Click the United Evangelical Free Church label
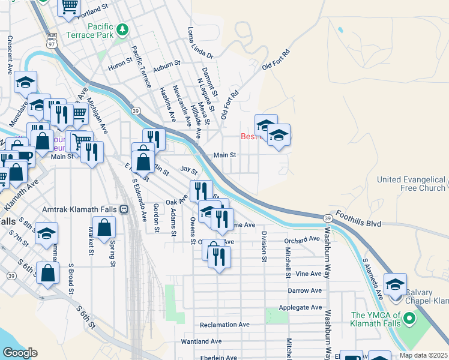point(411,184)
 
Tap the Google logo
point(20,353)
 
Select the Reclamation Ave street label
point(224,325)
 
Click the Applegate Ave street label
point(301,307)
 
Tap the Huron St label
point(120,68)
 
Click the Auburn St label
point(166,63)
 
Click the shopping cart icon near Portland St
point(70,7)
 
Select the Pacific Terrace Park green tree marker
point(122,29)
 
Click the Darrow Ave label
point(305,290)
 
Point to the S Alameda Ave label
point(372,279)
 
